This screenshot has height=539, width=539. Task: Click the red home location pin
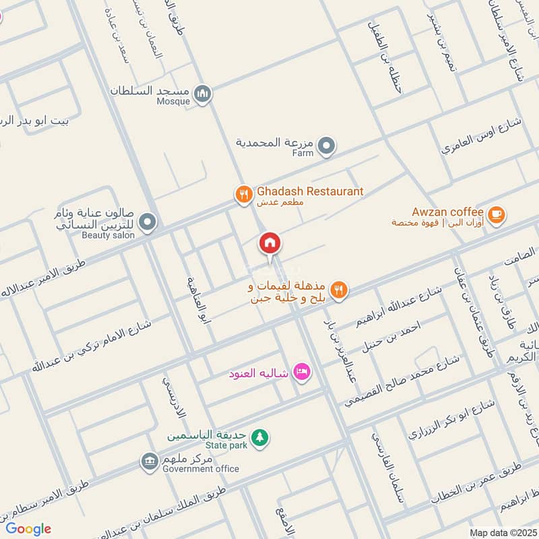(269, 243)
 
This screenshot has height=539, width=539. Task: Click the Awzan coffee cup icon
(497, 214)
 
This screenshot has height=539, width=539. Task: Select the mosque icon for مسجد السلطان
(202, 94)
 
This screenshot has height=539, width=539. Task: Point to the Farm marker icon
(326, 145)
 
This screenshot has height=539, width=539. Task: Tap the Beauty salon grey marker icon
(148, 221)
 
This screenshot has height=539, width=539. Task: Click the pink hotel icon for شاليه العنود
(301, 371)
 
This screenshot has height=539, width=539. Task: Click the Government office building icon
(149, 462)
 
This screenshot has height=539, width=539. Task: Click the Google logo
(28, 529)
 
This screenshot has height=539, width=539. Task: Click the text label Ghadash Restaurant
(309, 191)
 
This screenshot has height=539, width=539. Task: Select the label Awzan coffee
(447, 211)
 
